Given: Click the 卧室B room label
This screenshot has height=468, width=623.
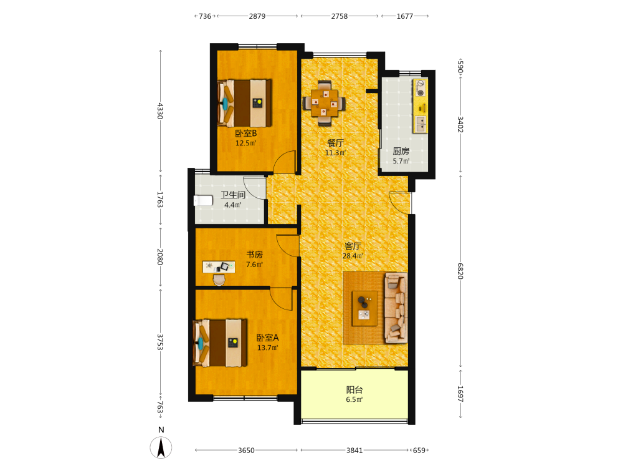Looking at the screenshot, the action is [x=246, y=134].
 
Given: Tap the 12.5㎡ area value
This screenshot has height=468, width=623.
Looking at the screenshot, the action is [x=246, y=144].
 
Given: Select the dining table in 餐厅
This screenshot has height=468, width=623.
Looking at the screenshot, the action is [x=324, y=103].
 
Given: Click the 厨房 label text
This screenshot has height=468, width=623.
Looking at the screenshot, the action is [x=401, y=151].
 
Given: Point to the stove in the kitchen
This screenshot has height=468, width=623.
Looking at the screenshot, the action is [x=420, y=89].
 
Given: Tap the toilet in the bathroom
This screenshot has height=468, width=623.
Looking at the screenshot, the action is [x=203, y=200].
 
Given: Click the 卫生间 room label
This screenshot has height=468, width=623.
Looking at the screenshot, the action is [x=233, y=195].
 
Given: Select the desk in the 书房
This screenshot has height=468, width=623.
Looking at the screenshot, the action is [x=219, y=266].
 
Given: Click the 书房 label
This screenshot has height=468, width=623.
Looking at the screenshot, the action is [x=254, y=255].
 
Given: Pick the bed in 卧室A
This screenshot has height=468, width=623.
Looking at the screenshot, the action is [x=220, y=343].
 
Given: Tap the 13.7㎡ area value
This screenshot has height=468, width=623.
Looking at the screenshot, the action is [x=267, y=348].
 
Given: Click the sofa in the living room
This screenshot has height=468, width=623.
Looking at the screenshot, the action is [x=396, y=308].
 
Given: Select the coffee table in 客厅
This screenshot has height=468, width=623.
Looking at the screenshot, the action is [x=364, y=308].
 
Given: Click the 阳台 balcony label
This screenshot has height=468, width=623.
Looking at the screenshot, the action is [x=354, y=390].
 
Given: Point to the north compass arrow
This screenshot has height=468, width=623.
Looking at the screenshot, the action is [x=161, y=447].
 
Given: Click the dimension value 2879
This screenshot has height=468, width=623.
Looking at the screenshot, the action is [x=257, y=16].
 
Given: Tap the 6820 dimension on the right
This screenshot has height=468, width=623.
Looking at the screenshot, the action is [x=460, y=271].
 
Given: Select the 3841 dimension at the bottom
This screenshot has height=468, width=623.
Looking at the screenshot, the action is [x=354, y=451].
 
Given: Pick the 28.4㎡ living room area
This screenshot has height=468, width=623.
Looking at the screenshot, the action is [x=353, y=256].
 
